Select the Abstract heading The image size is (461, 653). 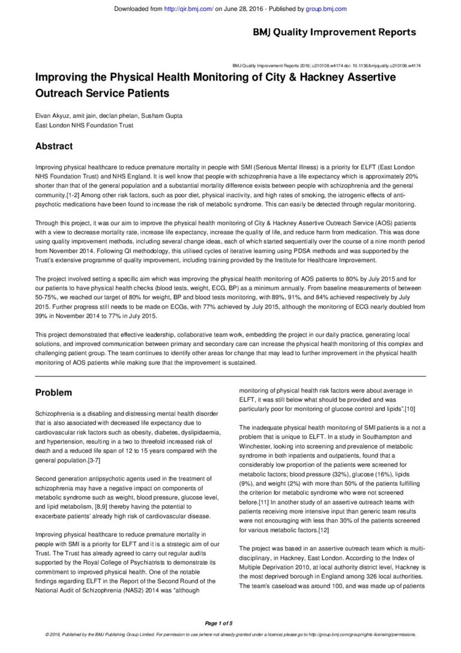coord(54,146)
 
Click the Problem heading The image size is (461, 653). coord(53,392)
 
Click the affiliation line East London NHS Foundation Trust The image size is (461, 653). coord(84,126)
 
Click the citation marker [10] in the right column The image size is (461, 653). coord(410,409)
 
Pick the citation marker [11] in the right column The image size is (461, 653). coord(264,502)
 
